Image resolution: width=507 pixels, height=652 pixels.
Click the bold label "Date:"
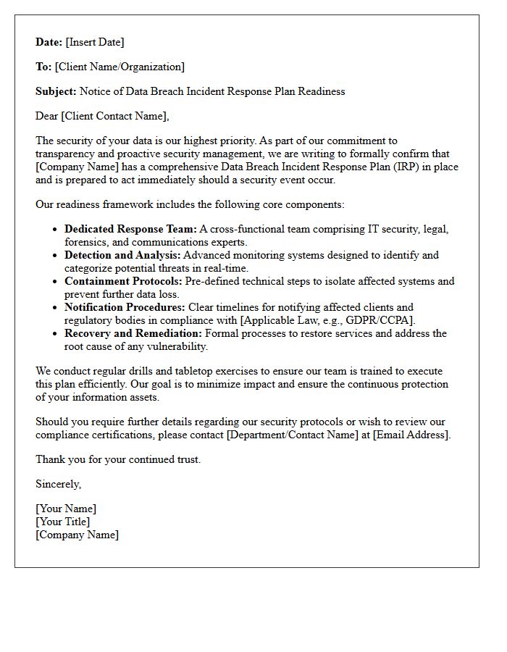tap(49, 42)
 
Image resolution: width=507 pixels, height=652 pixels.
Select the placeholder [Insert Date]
tap(95, 42)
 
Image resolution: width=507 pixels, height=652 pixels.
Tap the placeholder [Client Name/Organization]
tap(120, 67)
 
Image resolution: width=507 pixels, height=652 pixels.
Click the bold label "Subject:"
tap(56, 91)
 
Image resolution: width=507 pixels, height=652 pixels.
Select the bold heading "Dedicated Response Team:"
tap(130, 229)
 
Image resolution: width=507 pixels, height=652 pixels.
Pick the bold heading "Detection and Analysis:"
tap(122, 255)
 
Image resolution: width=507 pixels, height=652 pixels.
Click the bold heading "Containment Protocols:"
tap(123, 281)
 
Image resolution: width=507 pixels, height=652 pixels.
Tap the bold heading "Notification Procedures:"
tap(125, 307)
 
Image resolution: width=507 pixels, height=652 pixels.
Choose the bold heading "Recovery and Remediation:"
tap(133, 333)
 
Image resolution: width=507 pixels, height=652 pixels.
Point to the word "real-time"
tap(225, 268)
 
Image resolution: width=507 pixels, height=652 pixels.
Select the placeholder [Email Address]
tap(411, 435)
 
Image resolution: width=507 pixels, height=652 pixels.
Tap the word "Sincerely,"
tap(59, 484)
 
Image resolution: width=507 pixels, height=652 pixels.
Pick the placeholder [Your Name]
tap(66, 509)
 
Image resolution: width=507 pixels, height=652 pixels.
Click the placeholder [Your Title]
tap(63, 522)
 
